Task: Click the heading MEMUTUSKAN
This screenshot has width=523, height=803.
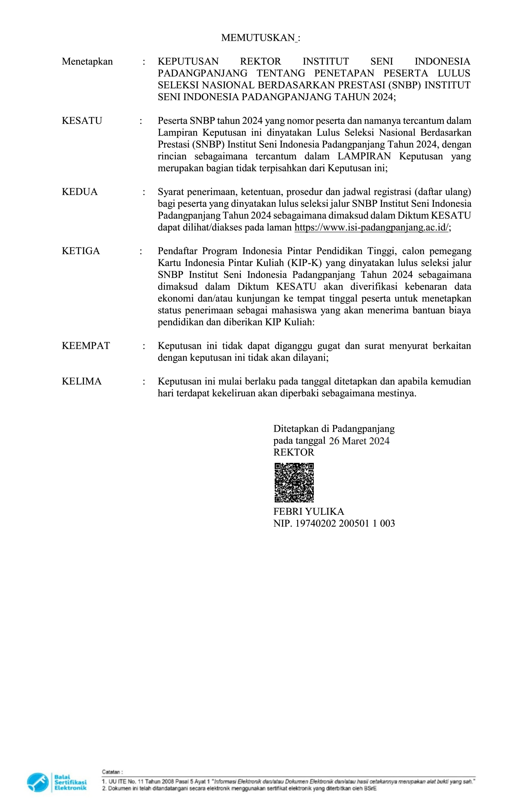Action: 258,38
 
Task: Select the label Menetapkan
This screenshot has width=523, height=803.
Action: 87,62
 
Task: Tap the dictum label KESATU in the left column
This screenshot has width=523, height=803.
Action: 82,121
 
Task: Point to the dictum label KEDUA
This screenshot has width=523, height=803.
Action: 79,192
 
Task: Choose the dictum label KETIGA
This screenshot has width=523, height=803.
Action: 81,251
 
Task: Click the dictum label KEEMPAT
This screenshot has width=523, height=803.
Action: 86,346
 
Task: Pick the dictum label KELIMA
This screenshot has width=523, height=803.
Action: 82,381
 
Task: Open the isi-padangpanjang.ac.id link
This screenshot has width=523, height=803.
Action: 371,228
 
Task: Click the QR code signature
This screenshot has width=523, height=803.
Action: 294,482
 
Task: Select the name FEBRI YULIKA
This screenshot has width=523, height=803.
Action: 308,512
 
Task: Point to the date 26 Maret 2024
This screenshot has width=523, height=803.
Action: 359,441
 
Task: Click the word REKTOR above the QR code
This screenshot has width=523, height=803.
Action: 294,453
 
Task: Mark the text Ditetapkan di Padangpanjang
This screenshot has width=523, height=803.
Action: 334,429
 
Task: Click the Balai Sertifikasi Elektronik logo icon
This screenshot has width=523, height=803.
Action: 38,782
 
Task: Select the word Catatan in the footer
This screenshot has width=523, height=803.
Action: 112,772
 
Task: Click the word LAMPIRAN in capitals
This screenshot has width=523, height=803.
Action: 364,156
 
